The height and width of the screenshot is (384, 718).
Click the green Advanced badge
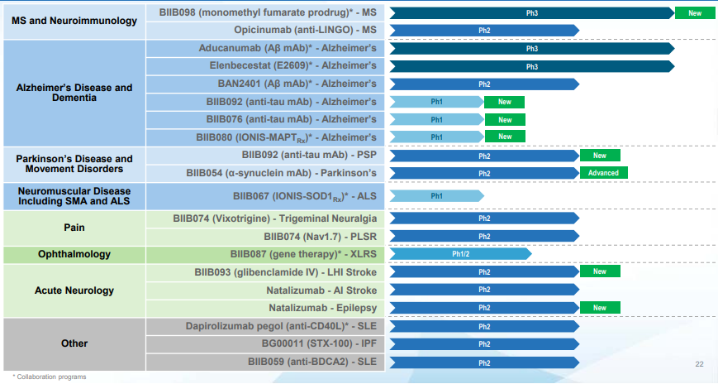tap(603, 173)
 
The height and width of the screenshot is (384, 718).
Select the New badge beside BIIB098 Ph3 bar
tap(695, 13)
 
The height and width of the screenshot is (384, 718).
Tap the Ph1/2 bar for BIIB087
tap(461, 254)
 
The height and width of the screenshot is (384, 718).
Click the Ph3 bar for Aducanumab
tap(532, 49)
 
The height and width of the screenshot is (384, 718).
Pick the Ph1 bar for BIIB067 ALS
tap(437, 196)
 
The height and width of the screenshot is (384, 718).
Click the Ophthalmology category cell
tap(74, 254)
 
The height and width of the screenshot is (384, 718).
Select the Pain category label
tap(74, 228)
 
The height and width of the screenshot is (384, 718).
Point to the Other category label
tap(74, 343)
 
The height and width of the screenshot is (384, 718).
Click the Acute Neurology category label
tap(74, 290)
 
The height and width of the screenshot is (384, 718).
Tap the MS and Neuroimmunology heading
tap(74, 21)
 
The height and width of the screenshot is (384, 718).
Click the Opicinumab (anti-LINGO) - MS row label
tap(305, 31)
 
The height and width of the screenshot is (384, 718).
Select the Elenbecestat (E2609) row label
tap(293, 65)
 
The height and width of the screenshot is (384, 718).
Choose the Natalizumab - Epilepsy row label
tap(323, 308)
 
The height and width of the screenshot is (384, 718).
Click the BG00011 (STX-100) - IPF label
tap(319, 343)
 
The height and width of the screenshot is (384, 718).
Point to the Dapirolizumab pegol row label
tap(281, 326)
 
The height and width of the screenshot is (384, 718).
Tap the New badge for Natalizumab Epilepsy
tap(600, 308)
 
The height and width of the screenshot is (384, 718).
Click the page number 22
tap(699, 364)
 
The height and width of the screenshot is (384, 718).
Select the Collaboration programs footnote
tap(50, 377)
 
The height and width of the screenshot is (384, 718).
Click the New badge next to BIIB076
tap(505, 120)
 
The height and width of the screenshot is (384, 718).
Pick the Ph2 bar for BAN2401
tap(484, 84)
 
